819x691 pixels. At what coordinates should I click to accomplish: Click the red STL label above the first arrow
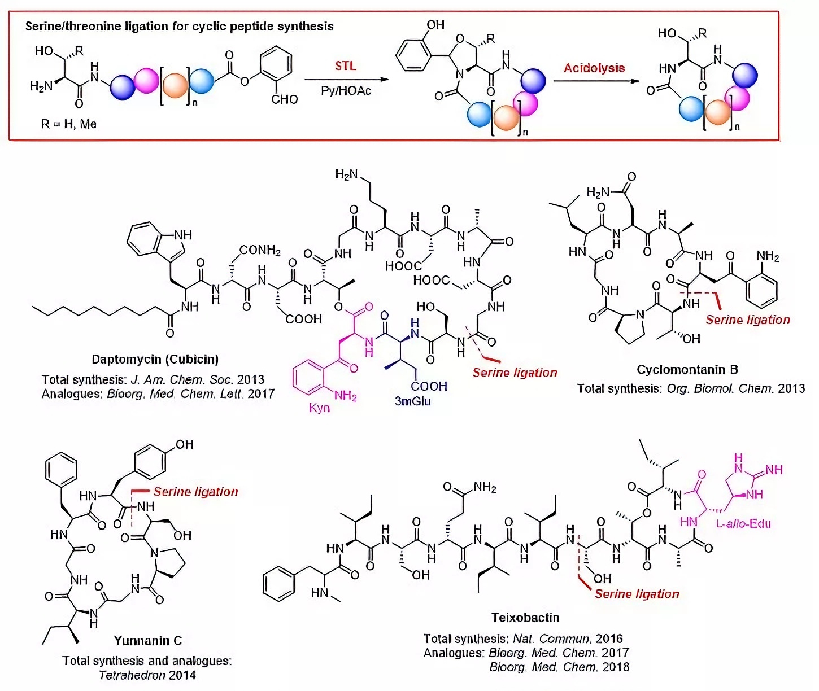click(346, 65)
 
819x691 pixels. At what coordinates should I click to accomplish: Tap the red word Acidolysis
click(594, 68)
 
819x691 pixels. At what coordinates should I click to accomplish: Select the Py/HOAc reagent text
click(346, 90)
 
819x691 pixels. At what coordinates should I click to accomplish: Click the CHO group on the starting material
click(284, 99)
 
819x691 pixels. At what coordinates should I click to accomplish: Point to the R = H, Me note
click(69, 124)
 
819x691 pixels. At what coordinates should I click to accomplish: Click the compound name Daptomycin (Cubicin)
click(155, 359)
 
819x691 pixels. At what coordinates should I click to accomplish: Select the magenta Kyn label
click(319, 408)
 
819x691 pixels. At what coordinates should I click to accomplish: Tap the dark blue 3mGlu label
click(413, 401)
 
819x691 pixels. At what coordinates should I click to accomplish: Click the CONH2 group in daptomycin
click(260, 250)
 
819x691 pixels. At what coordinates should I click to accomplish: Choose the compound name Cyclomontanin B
click(687, 369)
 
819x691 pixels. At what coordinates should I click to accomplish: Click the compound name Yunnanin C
click(148, 640)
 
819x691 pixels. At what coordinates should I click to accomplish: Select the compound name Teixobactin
click(526, 617)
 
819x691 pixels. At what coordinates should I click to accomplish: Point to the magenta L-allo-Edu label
click(744, 523)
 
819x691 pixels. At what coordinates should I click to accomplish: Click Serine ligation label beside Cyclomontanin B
click(748, 320)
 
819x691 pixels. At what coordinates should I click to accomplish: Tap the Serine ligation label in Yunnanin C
click(196, 491)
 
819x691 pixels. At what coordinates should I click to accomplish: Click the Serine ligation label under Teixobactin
click(637, 594)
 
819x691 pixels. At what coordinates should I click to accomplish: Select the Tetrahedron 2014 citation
click(147, 675)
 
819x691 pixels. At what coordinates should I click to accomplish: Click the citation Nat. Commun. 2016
click(568, 638)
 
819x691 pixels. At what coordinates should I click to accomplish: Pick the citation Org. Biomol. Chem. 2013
click(735, 388)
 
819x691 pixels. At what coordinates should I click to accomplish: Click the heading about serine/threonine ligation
click(179, 27)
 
